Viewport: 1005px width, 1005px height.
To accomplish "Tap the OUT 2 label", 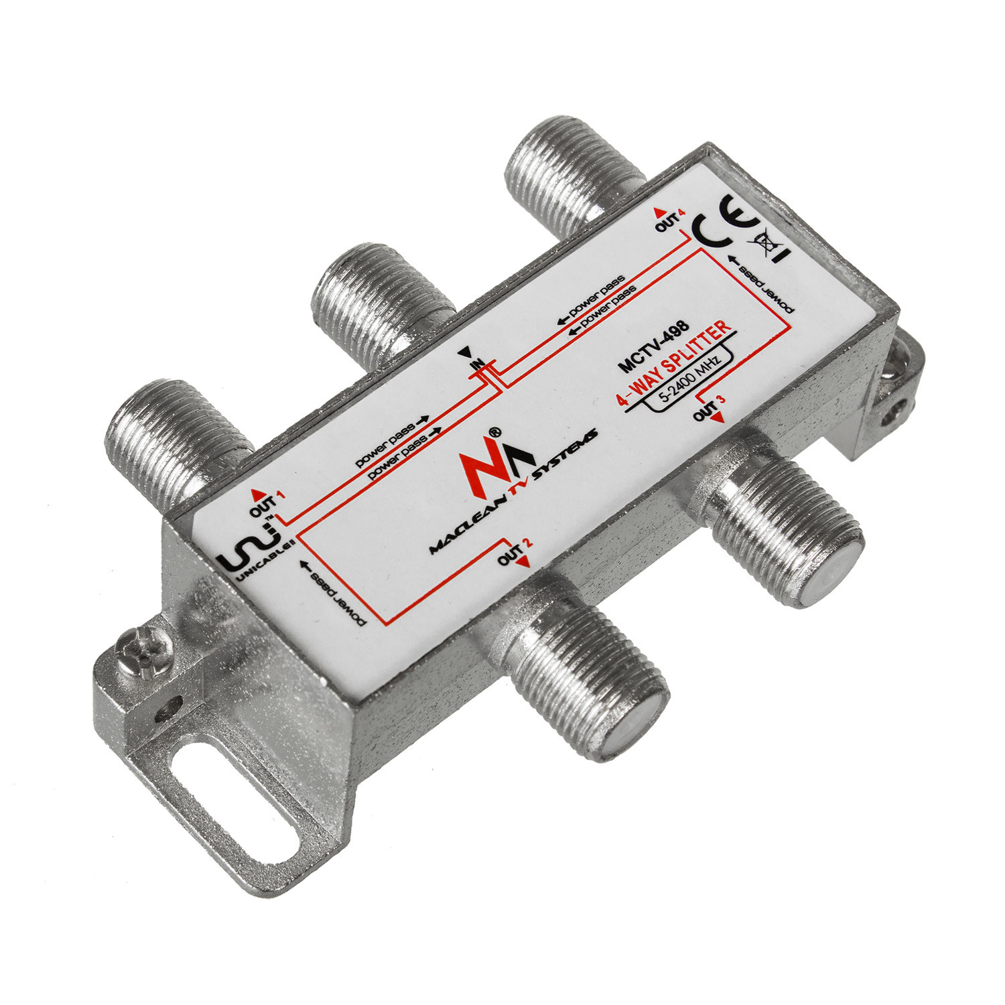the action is [x=515, y=554].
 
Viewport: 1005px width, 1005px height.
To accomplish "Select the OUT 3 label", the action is [x=710, y=409].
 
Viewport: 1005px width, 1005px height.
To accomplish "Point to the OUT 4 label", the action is [x=670, y=219].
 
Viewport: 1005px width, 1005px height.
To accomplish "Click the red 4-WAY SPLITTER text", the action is [x=673, y=362].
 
